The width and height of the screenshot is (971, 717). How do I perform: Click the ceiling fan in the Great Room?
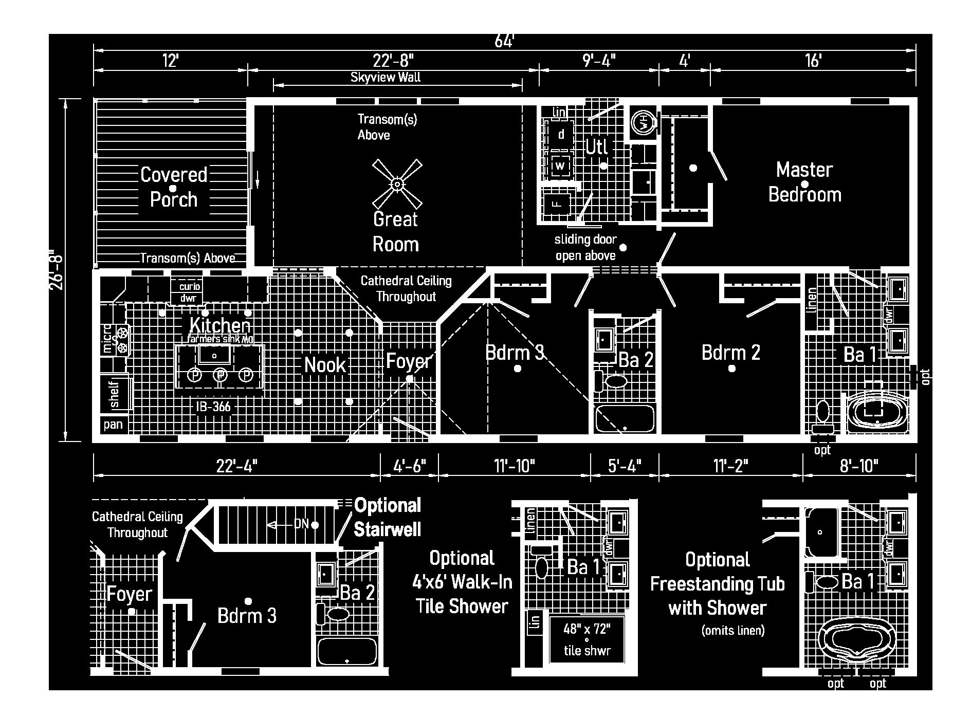(397, 183)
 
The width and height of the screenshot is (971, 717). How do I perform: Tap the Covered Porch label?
(174, 187)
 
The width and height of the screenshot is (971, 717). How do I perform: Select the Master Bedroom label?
(804, 182)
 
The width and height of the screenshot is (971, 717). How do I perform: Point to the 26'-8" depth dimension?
(56, 269)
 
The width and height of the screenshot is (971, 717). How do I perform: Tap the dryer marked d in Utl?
(561, 135)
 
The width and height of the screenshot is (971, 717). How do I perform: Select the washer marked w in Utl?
(560, 166)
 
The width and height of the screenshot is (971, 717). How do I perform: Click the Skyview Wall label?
(386, 78)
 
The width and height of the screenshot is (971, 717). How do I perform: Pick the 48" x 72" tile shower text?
(587, 629)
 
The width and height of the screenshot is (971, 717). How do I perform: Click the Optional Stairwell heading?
(388, 517)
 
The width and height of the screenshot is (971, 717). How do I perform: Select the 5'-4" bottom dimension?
(625, 466)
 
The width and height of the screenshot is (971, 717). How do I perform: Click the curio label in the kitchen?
(190, 286)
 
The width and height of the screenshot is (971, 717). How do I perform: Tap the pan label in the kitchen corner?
(113, 425)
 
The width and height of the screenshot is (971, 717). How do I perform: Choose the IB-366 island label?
(213, 407)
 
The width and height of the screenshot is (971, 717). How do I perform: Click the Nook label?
(325, 365)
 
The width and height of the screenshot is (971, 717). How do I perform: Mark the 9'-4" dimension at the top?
(599, 61)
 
